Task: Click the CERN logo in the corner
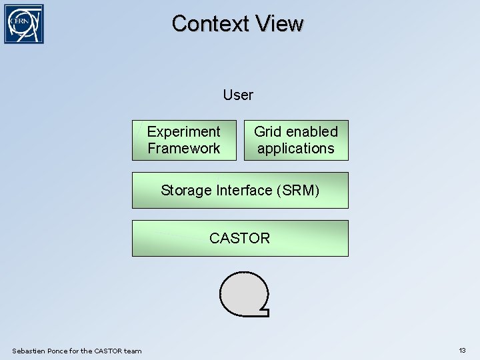tap(24, 24)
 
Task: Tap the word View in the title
tap(279, 23)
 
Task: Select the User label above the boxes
tap(238, 95)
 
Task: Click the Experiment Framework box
tap(184, 140)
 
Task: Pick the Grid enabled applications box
tap(295, 140)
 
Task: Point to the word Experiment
tap(183, 132)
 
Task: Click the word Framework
tap(184, 149)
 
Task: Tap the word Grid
tap(267, 131)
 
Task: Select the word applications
tap(295, 149)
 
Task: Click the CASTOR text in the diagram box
tap(239, 238)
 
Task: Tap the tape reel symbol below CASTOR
tap(243, 294)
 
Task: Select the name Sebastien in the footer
tap(29, 351)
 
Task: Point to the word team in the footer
tap(133, 351)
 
